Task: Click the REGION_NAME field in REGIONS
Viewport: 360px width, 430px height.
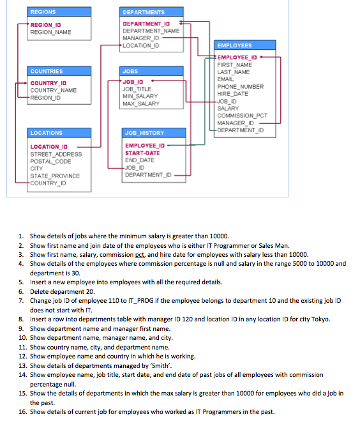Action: click(x=50, y=32)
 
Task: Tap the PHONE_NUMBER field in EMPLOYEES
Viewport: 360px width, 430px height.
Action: click(x=240, y=86)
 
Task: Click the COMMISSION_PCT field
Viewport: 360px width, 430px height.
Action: click(x=243, y=116)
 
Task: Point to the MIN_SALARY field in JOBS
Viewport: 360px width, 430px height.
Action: click(x=140, y=96)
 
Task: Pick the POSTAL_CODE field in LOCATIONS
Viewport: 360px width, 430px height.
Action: click(x=50, y=161)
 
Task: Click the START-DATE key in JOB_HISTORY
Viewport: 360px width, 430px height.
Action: click(x=142, y=153)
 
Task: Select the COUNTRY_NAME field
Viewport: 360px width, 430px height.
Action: click(x=54, y=90)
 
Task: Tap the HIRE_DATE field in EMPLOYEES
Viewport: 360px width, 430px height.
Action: click(x=233, y=94)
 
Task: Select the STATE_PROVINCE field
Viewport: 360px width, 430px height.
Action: click(x=55, y=176)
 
